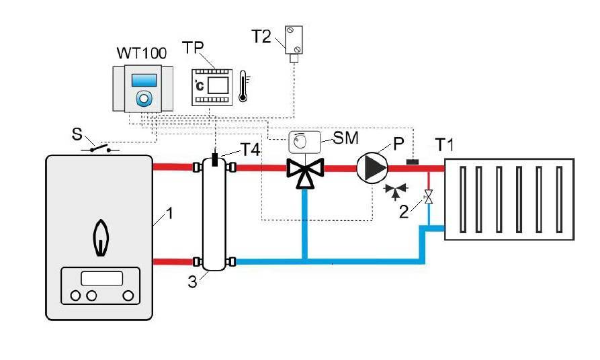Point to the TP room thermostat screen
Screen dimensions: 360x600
click(x=217, y=85)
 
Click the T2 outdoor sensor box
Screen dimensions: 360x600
click(x=294, y=40)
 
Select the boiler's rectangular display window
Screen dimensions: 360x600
click(x=101, y=277)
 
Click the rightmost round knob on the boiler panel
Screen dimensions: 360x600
click(x=127, y=296)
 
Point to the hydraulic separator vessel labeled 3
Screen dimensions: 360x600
click(x=214, y=214)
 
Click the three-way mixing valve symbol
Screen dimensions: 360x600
click(x=305, y=172)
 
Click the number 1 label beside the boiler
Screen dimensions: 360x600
click(x=170, y=214)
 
